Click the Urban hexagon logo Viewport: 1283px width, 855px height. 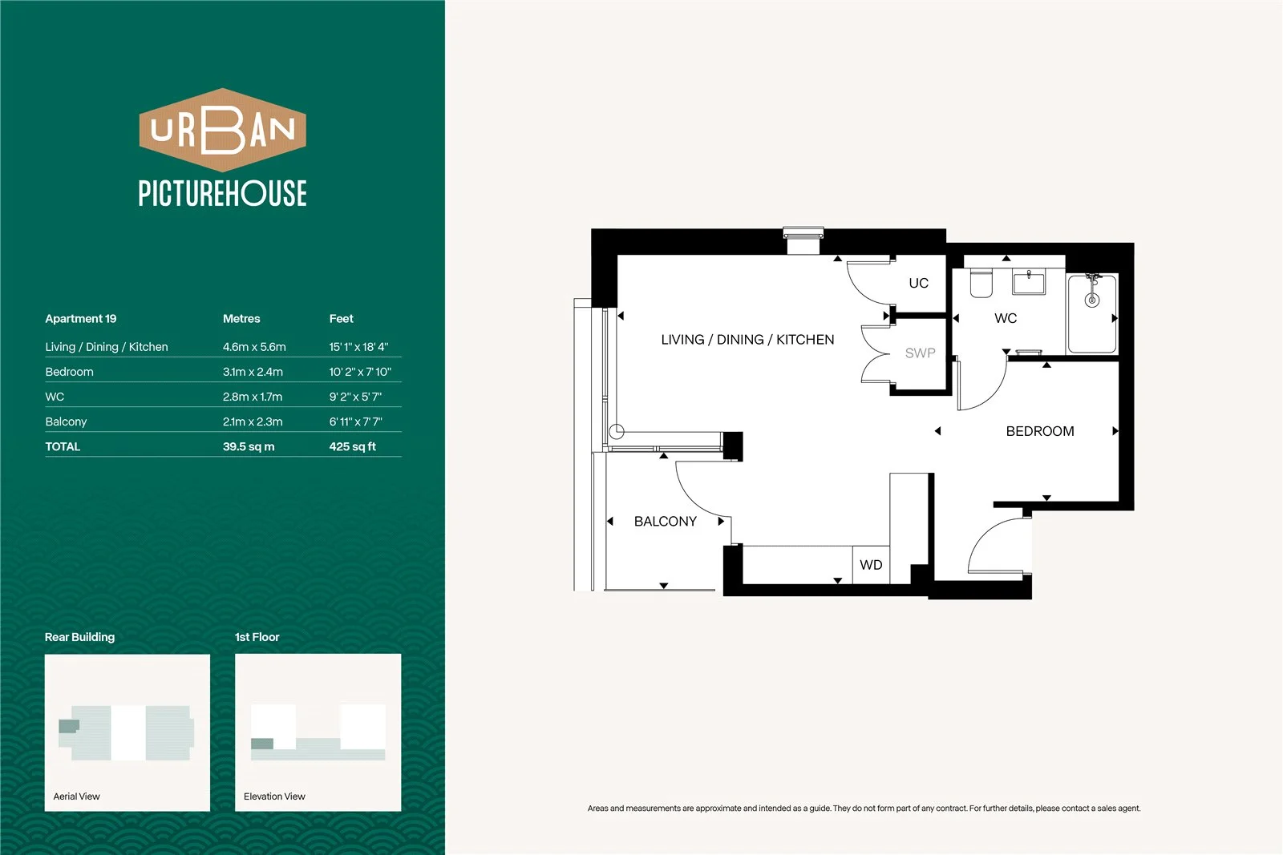pyautogui.click(x=222, y=130)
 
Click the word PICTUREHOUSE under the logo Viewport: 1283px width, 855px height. pyautogui.click(x=222, y=193)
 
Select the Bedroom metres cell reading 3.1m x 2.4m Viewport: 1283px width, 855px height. pyautogui.click(x=253, y=372)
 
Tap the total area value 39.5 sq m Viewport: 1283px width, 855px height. pyautogui.click(x=249, y=446)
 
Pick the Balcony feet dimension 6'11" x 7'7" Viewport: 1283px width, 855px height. pyautogui.click(x=356, y=421)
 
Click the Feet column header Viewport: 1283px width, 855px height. pyautogui.click(x=342, y=319)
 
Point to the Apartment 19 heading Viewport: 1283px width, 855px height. pyautogui.click(x=81, y=319)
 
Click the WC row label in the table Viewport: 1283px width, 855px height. pyautogui.click(x=55, y=397)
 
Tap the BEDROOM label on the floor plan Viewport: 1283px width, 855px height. pyautogui.click(x=1040, y=431)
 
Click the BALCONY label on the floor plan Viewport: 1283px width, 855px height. pyautogui.click(x=665, y=522)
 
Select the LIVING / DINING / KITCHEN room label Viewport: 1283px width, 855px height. pyautogui.click(x=747, y=340)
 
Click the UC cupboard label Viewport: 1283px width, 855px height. pyautogui.click(x=919, y=283)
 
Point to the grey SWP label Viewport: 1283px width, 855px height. pyautogui.click(x=920, y=353)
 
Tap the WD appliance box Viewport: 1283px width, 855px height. pyautogui.click(x=871, y=565)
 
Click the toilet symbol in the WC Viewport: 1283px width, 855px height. pyautogui.click(x=981, y=283)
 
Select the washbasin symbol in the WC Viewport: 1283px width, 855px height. pyautogui.click(x=1029, y=281)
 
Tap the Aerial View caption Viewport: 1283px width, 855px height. pyautogui.click(x=76, y=797)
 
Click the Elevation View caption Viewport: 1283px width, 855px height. pyautogui.click(x=274, y=797)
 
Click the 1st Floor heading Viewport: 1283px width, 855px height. pyautogui.click(x=257, y=637)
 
